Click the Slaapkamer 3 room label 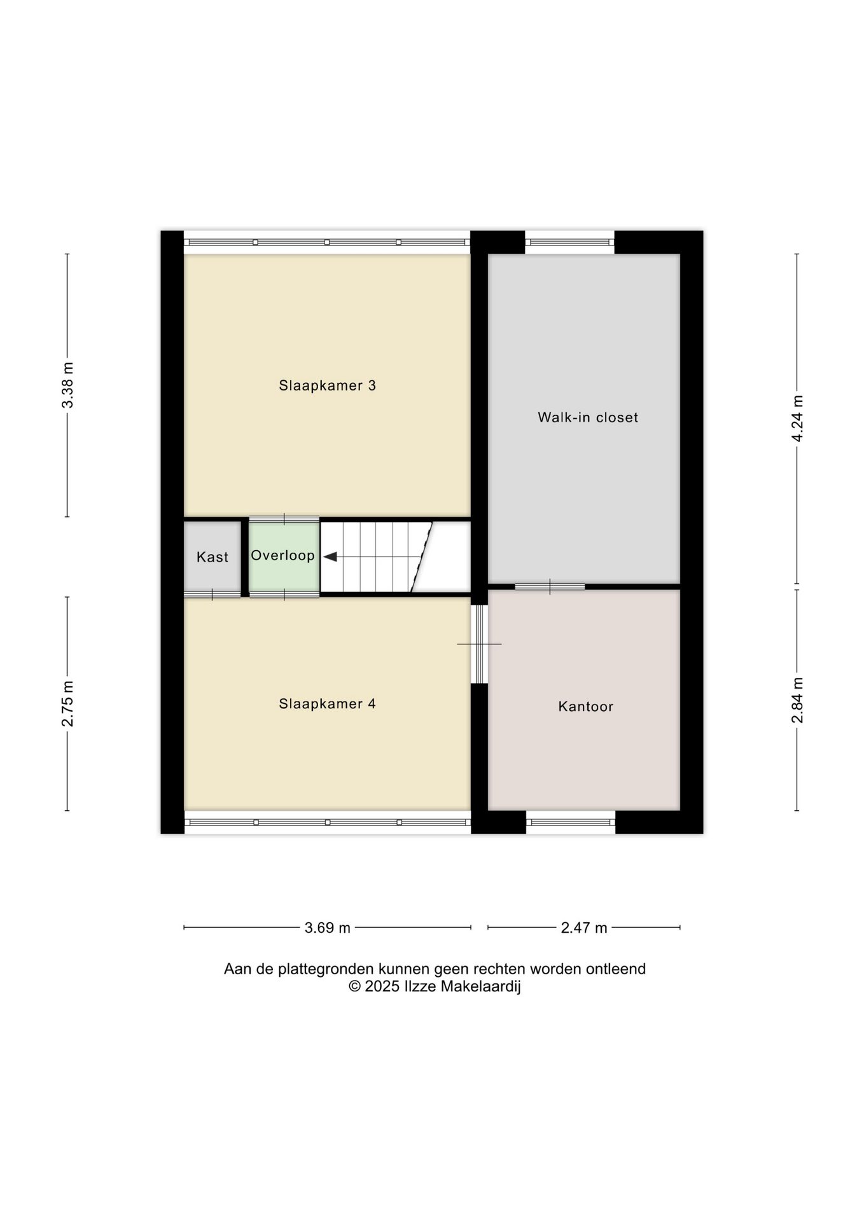coord(327,385)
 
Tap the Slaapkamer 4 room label coord(327,703)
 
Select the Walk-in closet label coord(588,417)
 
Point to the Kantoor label coord(585,707)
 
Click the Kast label coord(213,557)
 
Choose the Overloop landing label coord(282,556)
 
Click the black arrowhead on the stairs coord(330,557)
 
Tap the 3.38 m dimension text coord(67,385)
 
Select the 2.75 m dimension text coord(67,703)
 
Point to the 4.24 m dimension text coord(797,418)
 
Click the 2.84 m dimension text coord(797,700)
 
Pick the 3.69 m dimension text coord(327,928)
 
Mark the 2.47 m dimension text coord(584,928)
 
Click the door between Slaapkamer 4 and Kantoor coord(479,644)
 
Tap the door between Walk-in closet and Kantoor coord(550,586)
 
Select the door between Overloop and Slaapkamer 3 coord(284,519)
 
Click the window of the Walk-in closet coord(569,242)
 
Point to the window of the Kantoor coord(571,822)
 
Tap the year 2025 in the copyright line coord(382,986)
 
